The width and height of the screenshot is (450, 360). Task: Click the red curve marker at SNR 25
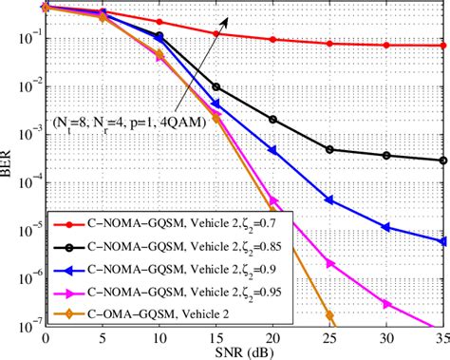coord(329,44)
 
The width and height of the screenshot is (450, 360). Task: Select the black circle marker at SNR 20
coord(273,120)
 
